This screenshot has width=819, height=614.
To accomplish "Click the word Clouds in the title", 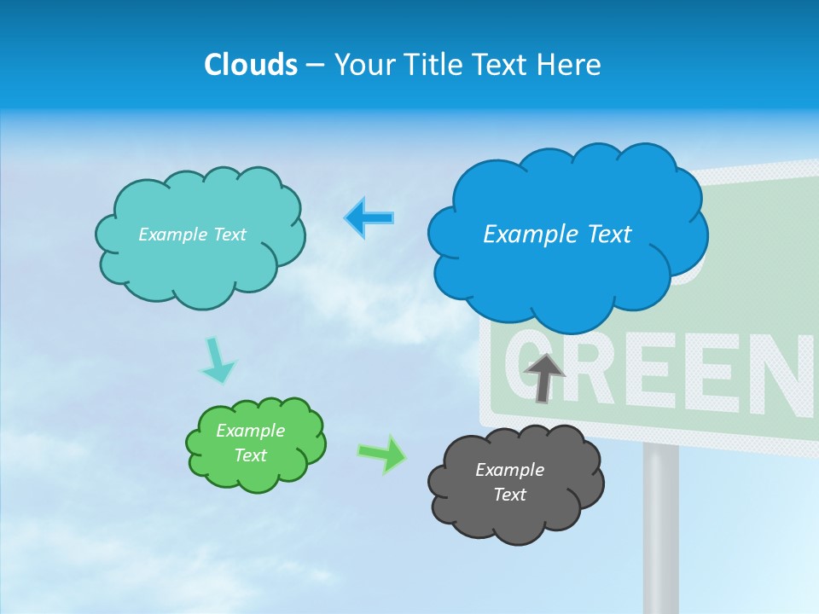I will [x=250, y=65].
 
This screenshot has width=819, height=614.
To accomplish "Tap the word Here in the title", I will [x=568, y=65].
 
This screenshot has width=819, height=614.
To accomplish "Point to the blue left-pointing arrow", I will [x=369, y=218].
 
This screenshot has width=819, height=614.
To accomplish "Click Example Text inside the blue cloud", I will [x=557, y=235].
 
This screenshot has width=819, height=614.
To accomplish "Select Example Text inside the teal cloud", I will [x=192, y=235].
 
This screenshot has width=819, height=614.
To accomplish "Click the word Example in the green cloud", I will [x=250, y=431].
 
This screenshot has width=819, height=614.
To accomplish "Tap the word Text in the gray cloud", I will [x=509, y=495].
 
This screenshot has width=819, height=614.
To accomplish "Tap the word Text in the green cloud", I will [x=250, y=455].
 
